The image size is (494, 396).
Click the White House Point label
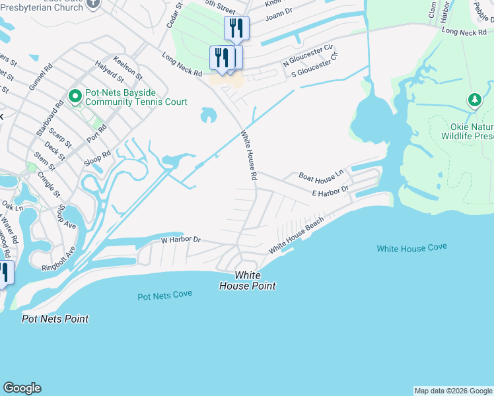pos(248,280)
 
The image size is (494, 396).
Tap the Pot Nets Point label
pos(55,319)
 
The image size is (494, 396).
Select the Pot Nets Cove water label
pos(165,295)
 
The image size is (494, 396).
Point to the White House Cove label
pos(411,248)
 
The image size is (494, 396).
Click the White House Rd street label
pos(248,155)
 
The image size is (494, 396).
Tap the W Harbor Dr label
pos(180,240)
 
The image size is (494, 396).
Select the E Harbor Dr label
pos(330,191)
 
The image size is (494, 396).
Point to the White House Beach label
pos(297,236)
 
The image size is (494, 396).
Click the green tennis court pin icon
pos(75,98)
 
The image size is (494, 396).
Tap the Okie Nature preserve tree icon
pos(474,100)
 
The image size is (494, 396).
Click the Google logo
pos(22,388)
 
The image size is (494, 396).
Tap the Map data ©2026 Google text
pos(453,391)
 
